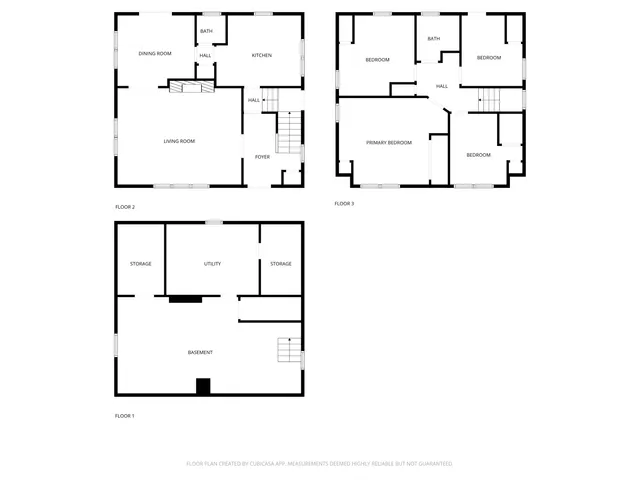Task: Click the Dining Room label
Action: pos(154,53)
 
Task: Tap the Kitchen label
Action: pos(261,55)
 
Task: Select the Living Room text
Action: pos(179,141)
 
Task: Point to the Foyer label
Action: pos(262,157)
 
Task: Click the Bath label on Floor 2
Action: pos(206,32)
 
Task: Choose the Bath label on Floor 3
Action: pos(433,39)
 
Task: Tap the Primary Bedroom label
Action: pos(388,143)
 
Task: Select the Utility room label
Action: pos(212,264)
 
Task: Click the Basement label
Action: pos(200,352)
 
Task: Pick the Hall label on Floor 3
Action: pos(441,86)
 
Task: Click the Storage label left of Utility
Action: pos(140,264)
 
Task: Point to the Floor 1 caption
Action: pos(125,415)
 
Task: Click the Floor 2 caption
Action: pos(125,207)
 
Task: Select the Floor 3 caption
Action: pos(344,204)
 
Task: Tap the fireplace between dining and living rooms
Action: pos(190,88)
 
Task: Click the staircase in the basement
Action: pos(289,351)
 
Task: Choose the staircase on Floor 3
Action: pos(489,99)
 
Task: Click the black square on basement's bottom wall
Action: pos(203,387)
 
